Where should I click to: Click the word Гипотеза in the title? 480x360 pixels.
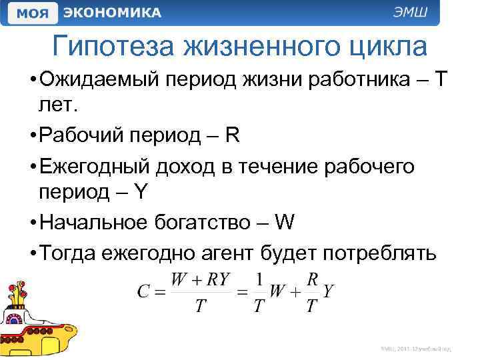pyautogui.click(x=115, y=46)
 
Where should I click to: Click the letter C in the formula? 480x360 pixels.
pyautogui.click(x=143, y=292)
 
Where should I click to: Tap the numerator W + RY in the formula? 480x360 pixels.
pyautogui.click(x=200, y=279)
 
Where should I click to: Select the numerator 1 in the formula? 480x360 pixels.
pyautogui.click(x=260, y=279)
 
